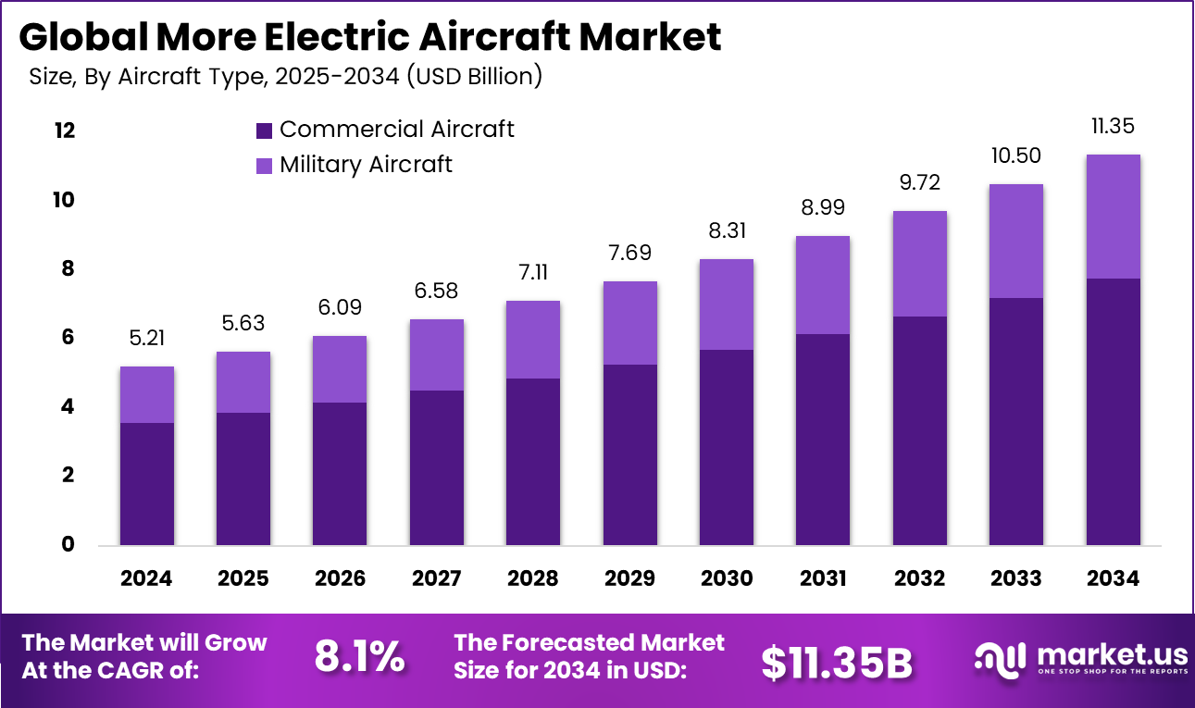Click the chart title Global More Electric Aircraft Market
[x=369, y=37]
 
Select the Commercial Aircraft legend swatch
[x=264, y=130]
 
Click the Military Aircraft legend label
[x=366, y=165]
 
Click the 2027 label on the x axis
[x=437, y=578]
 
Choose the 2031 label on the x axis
[x=823, y=578]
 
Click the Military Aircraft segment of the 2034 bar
[x=1113, y=217]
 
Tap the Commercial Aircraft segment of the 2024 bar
[x=147, y=483]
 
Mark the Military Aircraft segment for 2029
[x=630, y=323]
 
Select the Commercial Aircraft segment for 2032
[x=919, y=430]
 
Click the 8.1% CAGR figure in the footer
[x=359, y=657]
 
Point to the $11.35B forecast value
[x=837, y=662]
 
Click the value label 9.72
[x=919, y=182]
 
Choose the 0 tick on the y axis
[x=67, y=544]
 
